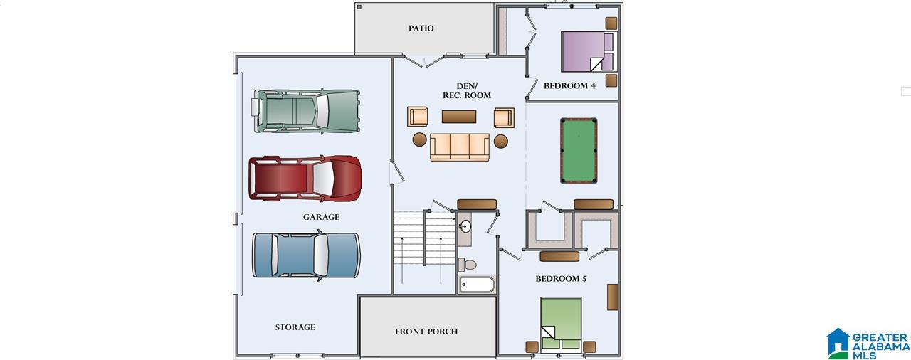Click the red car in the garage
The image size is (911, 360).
pos(305,179)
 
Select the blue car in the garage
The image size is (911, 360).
pos(306,255)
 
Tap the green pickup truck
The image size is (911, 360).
pos(306,111)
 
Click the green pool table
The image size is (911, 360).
pos(579,150)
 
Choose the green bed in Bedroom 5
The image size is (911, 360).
pos(561,324)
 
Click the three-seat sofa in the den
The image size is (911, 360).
pos(460,147)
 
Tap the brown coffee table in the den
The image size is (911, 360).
pos(459,117)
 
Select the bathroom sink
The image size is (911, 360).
pos(465,226)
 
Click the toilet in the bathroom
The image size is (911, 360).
pos(468,265)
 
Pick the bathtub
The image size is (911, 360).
pos(477,285)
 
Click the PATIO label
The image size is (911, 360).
pos(421,28)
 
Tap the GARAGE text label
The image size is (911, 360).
pos(321,217)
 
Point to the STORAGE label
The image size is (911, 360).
pos(295,327)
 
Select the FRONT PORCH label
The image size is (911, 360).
pos(426,332)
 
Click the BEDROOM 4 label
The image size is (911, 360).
pos(569,86)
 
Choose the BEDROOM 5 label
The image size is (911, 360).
pos(561,279)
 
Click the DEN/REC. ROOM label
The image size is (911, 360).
pos(466,90)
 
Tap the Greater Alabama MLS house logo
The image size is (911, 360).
pos(838,344)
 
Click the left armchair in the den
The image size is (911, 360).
pos(417,117)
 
